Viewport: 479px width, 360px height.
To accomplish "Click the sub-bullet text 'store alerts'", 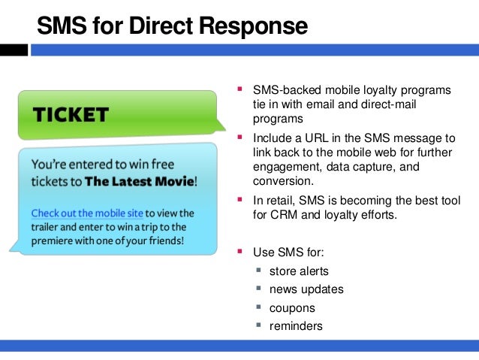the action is tap(299, 271).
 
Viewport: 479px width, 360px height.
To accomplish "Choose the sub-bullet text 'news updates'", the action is tap(306, 289).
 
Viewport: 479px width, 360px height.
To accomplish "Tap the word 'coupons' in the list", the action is tap(292, 307).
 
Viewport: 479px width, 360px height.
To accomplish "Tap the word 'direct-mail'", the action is tap(385, 104).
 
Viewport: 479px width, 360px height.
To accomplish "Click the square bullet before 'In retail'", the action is tap(240, 199).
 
